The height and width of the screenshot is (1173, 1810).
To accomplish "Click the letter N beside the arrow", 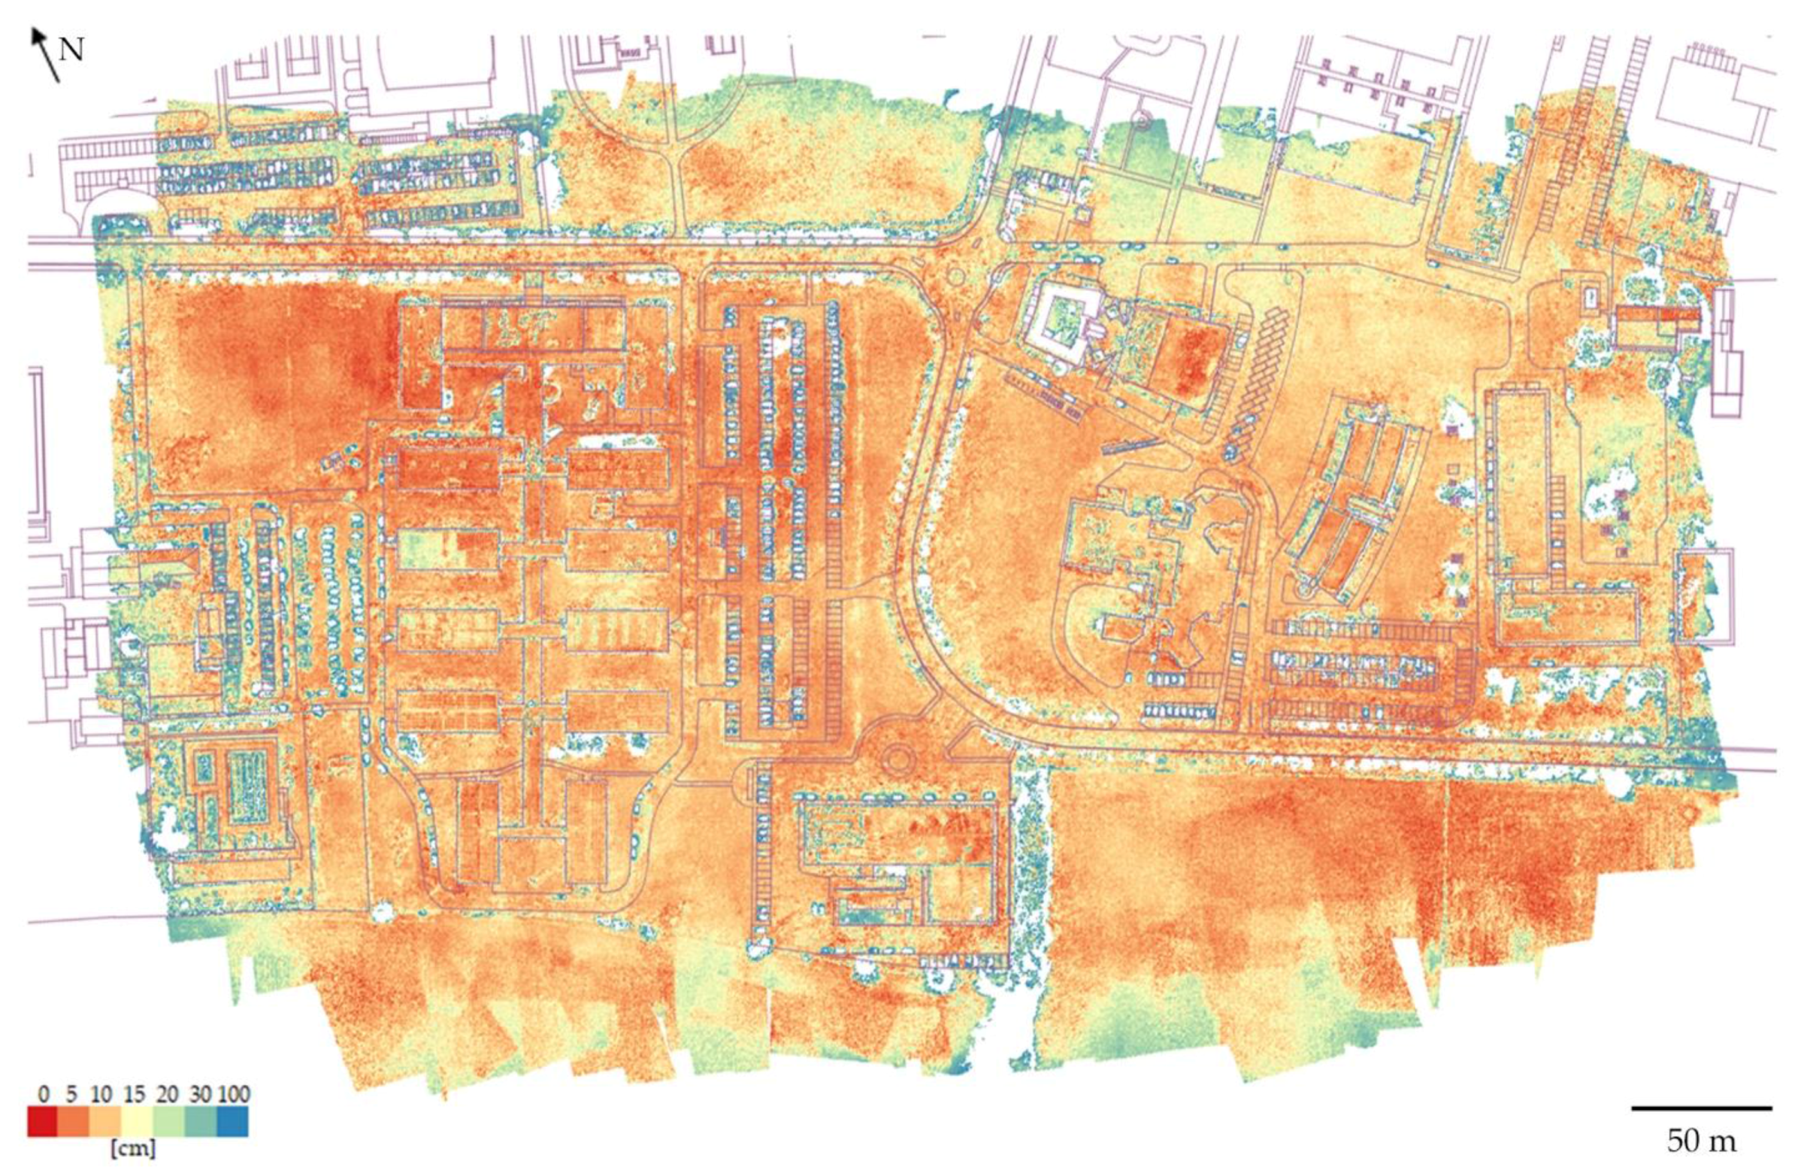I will pyautogui.click(x=71, y=50).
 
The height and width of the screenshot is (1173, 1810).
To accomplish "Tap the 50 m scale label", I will pyautogui.click(x=1701, y=1141).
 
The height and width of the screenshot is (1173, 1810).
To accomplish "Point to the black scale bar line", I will pyautogui.click(x=1701, y=1108).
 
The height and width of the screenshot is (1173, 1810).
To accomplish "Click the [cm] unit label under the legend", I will pyautogui.click(x=133, y=1149).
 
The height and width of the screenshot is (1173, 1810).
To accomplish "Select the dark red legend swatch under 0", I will pyautogui.click(x=43, y=1122).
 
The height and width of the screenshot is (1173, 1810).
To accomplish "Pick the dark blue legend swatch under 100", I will pyautogui.click(x=233, y=1122).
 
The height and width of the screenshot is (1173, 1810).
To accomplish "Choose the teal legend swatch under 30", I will pyautogui.click(x=201, y=1122).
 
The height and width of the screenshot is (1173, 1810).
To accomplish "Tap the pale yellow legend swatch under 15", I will pyautogui.click(x=138, y=1122).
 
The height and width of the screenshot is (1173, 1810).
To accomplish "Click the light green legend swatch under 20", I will pyautogui.click(x=169, y=1122).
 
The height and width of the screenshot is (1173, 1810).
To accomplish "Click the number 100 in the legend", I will pyautogui.click(x=234, y=1095).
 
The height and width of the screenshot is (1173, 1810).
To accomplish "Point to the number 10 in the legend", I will pyautogui.click(x=101, y=1095).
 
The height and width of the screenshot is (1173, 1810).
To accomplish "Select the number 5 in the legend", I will pyautogui.click(x=71, y=1095).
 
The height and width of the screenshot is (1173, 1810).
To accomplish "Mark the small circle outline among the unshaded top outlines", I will pyautogui.click(x=1141, y=120).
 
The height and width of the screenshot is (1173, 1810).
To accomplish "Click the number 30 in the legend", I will pyautogui.click(x=200, y=1095).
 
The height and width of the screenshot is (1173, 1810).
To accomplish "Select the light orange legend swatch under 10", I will pyautogui.click(x=106, y=1122).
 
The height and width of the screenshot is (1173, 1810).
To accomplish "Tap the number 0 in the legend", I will pyautogui.click(x=44, y=1095).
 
